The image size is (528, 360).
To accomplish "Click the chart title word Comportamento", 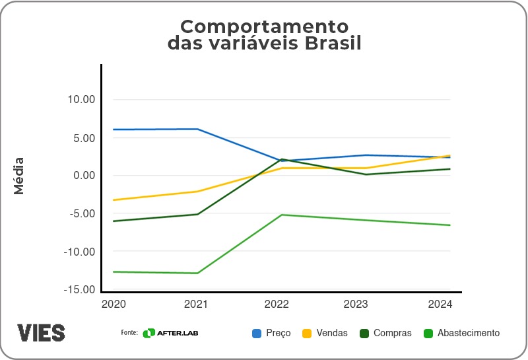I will tap(264, 26).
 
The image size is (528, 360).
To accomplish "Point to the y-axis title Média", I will tap(19, 176).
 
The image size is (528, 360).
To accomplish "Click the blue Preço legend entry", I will tap(271, 333).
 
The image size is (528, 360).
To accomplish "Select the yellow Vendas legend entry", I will tap(325, 333).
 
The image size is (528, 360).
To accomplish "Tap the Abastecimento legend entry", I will tap(461, 333).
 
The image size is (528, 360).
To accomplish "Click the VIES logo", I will tap(41, 332).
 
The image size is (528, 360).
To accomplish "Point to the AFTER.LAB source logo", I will tap(171, 333).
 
